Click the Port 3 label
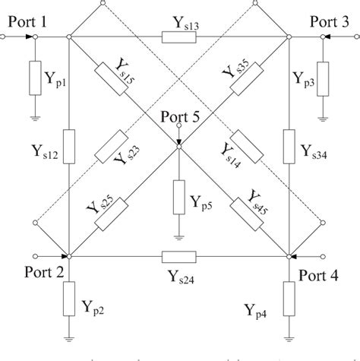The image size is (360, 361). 328,23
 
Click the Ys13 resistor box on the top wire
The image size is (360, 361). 180,36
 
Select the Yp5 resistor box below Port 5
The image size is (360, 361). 178,197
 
